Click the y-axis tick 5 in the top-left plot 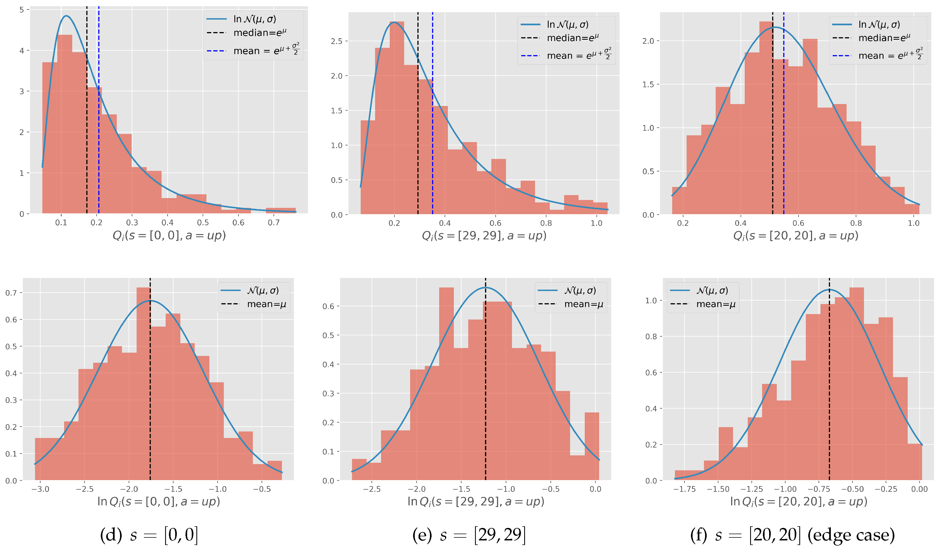22,10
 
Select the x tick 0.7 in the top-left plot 273,223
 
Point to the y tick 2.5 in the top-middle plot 337,41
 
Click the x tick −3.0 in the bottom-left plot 40,489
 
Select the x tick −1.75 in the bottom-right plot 684,489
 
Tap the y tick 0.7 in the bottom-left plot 11,293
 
